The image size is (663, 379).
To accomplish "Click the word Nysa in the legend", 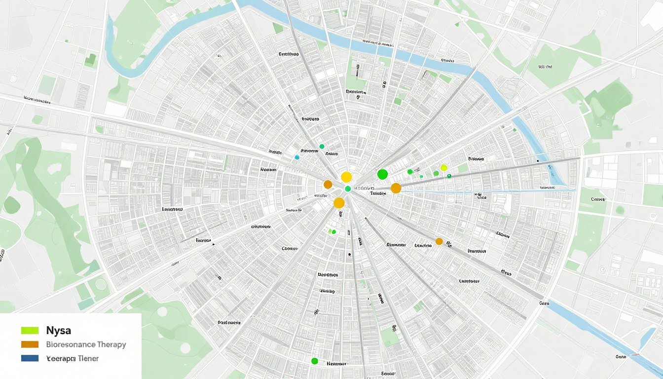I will [58, 330].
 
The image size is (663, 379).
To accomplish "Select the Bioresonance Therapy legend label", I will [86, 344].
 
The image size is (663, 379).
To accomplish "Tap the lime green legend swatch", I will [30, 330].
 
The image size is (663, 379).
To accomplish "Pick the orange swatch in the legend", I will [30, 344].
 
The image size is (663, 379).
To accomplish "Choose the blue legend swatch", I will [30, 359].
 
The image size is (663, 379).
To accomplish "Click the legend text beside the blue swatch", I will [72, 359].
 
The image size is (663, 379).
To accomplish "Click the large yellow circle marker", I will [346, 177].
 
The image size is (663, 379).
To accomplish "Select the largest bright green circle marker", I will [382, 174].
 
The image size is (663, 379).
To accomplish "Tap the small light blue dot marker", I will [297, 157].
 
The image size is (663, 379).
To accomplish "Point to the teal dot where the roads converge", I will [348, 189].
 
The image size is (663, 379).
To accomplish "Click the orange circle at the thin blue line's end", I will [396, 188].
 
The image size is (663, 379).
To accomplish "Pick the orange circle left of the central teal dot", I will [328, 185].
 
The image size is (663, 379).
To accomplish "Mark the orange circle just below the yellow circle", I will [339, 203].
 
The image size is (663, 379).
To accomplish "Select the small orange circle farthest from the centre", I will [439, 241].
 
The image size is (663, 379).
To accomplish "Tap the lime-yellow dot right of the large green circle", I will [443, 168].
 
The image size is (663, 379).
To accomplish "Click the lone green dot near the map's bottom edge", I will [315, 361].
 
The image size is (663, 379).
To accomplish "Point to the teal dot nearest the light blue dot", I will [322, 146].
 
